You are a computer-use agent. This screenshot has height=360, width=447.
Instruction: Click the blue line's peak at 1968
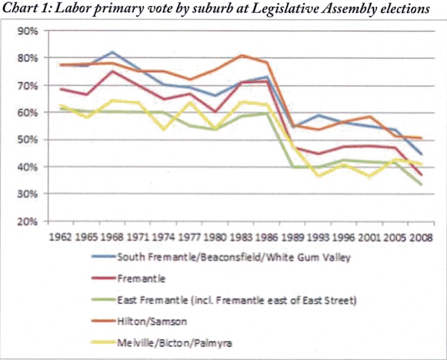[112, 52]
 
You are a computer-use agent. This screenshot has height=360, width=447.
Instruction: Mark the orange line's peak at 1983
[241, 56]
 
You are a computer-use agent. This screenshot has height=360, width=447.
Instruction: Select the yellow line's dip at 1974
[165, 129]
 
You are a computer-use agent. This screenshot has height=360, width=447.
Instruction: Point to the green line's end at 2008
[421, 184]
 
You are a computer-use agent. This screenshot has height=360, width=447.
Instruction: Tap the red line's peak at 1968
[112, 71]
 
